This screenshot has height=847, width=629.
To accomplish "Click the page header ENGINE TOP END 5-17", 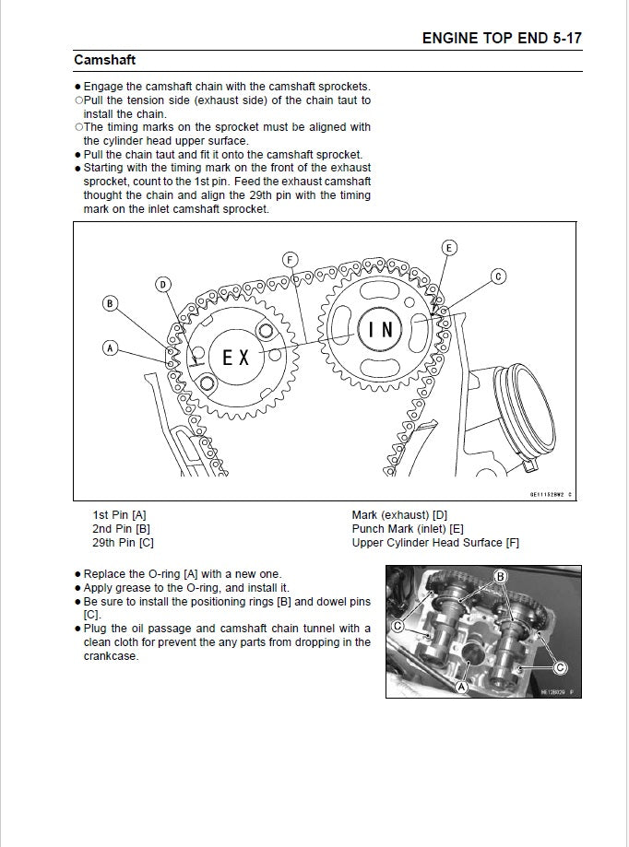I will pyautogui.click(x=501, y=38).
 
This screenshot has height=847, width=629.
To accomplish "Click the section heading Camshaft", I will pyautogui.click(x=105, y=60).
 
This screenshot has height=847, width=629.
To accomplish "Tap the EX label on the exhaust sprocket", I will pyautogui.click(x=236, y=358).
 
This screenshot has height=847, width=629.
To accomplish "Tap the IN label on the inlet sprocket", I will pyautogui.click(x=381, y=330).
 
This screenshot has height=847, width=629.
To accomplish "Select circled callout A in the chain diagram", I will pyautogui.click(x=110, y=348).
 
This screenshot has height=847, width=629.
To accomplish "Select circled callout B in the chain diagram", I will pyautogui.click(x=110, y=303).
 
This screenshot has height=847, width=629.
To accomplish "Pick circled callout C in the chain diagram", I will pyautogui.click(x=498, y=276).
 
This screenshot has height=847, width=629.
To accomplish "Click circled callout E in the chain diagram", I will pyautogui.click(x=449, y=247).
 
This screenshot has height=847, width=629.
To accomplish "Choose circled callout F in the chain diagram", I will pyautogui.click(x=291, y=260).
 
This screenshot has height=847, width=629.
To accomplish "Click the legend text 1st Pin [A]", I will pyautogui.click(x=120, y=514).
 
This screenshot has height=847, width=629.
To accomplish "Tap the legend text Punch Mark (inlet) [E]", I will pyautogui.click(x=413, y=529).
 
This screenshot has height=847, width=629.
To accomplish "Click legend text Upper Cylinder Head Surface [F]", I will pyautogui.click(x=435, y=543).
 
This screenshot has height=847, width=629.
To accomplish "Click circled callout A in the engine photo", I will pyautogui.click(x=461, y=686).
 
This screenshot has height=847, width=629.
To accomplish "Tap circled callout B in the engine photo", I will pyautogui.click(x=501, y=578).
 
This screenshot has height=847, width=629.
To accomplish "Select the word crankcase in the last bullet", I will pyautogui.click(x=111, y=656).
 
